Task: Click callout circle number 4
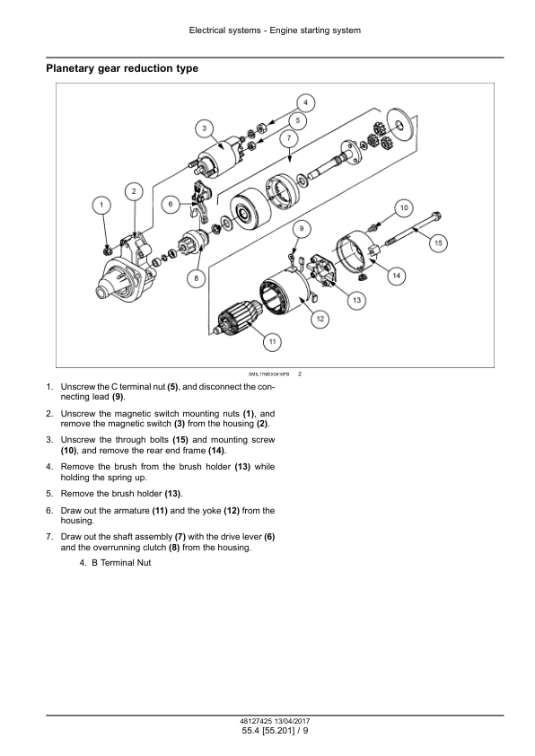[305, 102]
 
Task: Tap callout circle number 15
[438, 242]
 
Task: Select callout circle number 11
[272, 341]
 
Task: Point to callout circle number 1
[101, 205]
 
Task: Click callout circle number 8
[197, 277]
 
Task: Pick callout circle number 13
[356, 300]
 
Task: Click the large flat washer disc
[399, 126]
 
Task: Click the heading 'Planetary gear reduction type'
[122, 68]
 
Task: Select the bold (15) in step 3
[180, 440]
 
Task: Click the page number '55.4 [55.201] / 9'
[276, 731]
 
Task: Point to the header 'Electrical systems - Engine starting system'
[275, 31]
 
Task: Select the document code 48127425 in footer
[256, 721]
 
